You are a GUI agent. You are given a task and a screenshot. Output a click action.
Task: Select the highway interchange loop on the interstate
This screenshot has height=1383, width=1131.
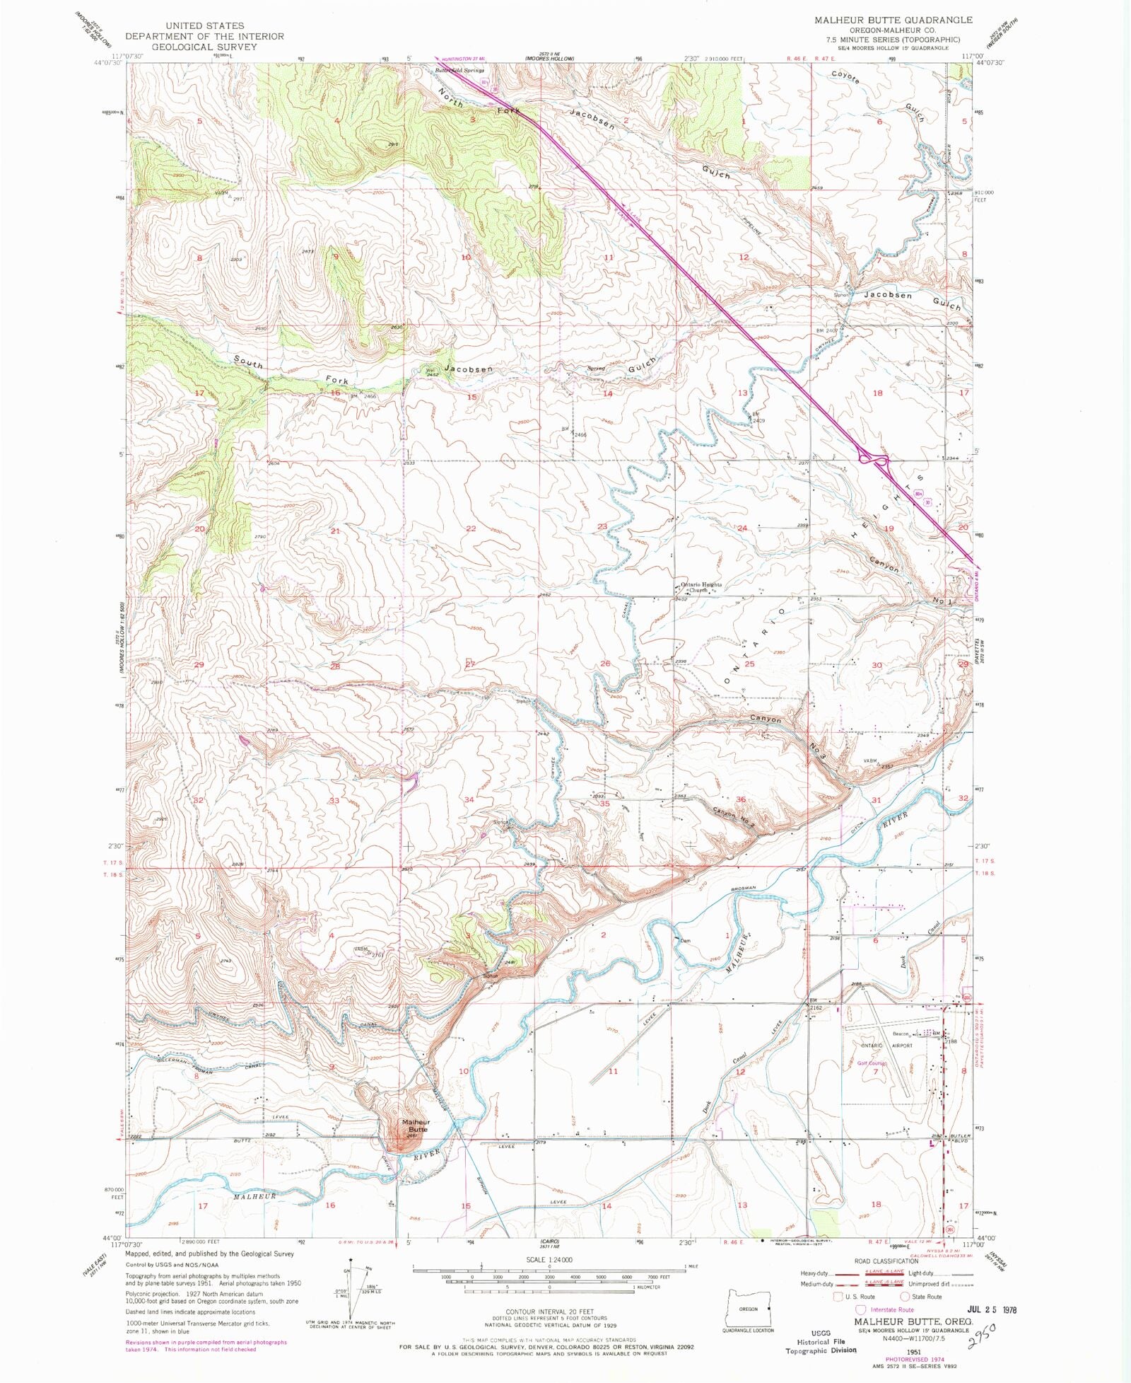coord(874,460)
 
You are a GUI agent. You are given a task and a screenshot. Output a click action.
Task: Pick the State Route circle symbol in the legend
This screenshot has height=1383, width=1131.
coord(904,1296)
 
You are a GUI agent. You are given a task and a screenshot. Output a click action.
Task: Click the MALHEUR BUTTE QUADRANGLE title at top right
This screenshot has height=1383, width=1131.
coord(893,20)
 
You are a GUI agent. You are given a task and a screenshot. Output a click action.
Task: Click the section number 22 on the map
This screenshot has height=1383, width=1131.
coord(471,528)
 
